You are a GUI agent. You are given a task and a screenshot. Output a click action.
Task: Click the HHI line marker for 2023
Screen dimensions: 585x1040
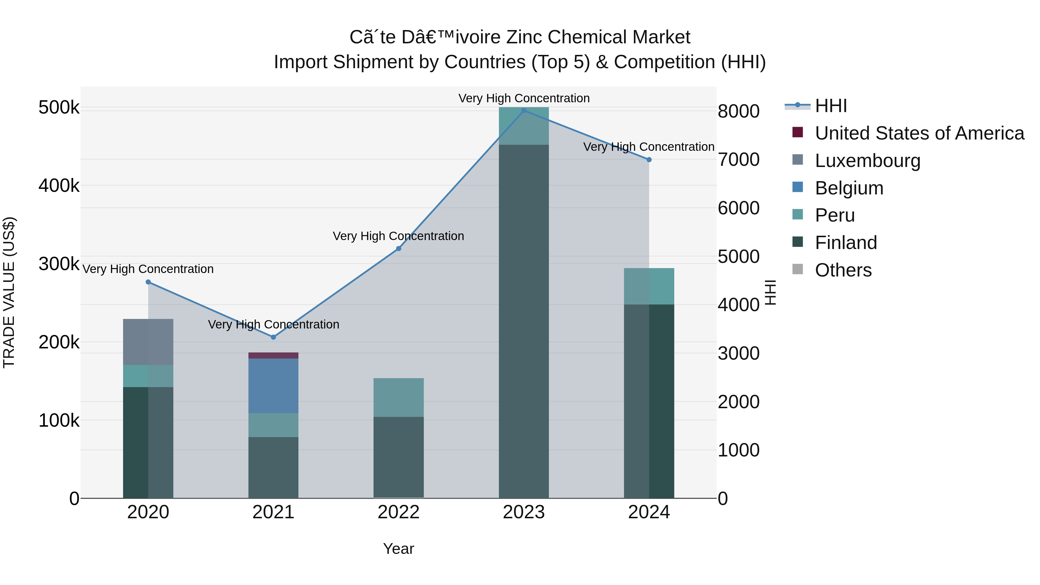click(524, 111)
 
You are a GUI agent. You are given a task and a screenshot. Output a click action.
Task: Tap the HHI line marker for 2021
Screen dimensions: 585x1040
click(273, 337)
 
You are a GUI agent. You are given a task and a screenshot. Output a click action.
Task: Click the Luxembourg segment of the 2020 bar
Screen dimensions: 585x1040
click(148, 342)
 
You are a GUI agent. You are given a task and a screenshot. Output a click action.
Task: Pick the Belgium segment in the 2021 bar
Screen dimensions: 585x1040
click(273, 386)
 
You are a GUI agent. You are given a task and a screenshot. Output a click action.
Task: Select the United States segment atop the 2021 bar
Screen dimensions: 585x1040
click(273, 356)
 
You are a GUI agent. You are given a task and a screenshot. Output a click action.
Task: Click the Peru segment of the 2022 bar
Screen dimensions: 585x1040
click(398, 397)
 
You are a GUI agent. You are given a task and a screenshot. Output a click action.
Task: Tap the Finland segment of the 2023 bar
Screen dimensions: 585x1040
click(524, 321)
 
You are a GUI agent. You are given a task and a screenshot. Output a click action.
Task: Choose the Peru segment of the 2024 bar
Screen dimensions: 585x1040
click(649, 286)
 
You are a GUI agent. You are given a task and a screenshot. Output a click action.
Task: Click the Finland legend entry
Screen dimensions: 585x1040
click(846, 243)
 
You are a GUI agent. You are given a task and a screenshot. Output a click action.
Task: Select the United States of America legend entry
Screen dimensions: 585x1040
click(919, 133)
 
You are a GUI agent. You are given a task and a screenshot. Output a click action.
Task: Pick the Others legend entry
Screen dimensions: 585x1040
click(843, 270)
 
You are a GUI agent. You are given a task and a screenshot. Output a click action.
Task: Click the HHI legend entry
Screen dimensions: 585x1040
click(831, 106)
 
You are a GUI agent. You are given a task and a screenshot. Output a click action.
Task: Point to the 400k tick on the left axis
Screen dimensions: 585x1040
click(59, 186)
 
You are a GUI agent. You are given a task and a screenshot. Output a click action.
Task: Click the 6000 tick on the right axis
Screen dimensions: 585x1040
click(738, 208)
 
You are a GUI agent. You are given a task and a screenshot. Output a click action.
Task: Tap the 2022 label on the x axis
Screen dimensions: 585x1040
click(398, 512)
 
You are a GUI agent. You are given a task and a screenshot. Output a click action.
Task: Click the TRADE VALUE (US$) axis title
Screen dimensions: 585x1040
click(9, 292)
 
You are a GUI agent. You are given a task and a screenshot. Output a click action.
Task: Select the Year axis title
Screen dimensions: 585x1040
click(398, 549)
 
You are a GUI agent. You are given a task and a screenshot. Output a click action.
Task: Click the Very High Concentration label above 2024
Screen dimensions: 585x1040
click(649, 147)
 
